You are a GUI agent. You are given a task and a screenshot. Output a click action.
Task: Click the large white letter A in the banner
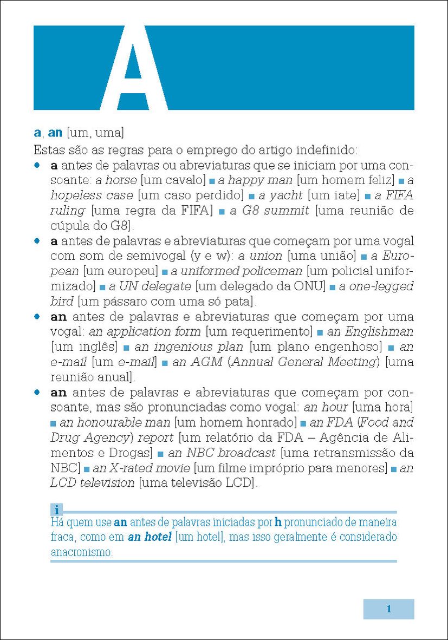133,68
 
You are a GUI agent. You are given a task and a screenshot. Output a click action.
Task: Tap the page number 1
388,609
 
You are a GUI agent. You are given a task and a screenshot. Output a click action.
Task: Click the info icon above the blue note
56,509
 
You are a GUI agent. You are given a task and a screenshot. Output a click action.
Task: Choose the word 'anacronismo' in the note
81,553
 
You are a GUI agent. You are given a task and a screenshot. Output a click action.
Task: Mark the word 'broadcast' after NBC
247,452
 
